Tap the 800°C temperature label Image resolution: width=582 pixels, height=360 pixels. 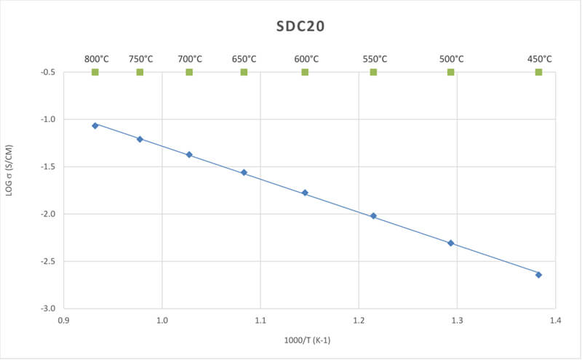[96, 59]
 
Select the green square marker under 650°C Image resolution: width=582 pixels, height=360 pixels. [244, 72]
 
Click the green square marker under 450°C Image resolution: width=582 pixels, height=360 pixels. [538, 72]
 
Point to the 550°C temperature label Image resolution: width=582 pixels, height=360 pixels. [374, 59]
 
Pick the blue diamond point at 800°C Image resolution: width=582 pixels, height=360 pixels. [95, 126]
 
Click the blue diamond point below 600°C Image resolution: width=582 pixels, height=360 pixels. [305, 193]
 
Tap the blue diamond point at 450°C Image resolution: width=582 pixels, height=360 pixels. [538, 275]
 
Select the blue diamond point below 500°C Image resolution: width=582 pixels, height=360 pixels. [450, 243]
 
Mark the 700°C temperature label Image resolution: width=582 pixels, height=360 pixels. [190, 59]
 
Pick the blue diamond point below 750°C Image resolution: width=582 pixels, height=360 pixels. [140, 139]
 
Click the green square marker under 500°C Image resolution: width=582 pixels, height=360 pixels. [450, 72]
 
